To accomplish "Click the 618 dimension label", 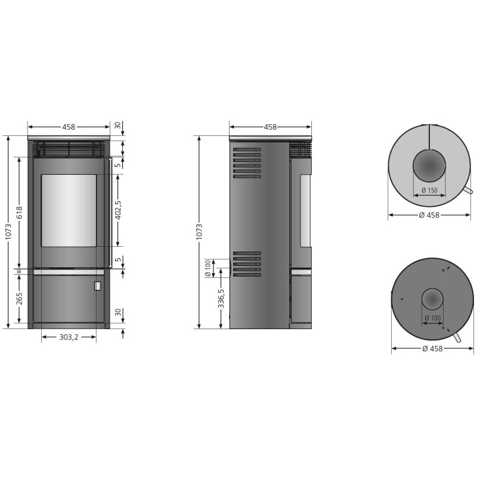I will pyautogui.click(x=19, y=213).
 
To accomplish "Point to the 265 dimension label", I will pyautogui.click(x=19, y=298).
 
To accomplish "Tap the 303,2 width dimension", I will pyautogui.click(x=69, y=337).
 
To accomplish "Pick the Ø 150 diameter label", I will pyautogui.click(x=429, y=190).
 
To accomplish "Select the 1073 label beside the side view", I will pyautogui.click(x=199, y=231).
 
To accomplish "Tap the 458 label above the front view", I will pyautogui.click(x=69, y=126).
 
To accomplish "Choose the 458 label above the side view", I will pyautogui.click(x=270, y=126).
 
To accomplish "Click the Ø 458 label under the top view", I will pyautogui.click(x=429, y=215).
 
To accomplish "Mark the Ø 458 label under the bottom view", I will pyautogui.click(x=432, y=349).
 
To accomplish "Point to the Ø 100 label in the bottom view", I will pyautogui.click(x=433, y=318).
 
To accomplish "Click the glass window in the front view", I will pyautogui.click(x=69, y=210).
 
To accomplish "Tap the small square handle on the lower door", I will pyautogui.click(x=97, y=286).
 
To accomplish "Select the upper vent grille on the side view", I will pyautogui.click(x=247, y=163).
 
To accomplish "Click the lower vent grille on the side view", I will pyautogui.click(x=247, y=263).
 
